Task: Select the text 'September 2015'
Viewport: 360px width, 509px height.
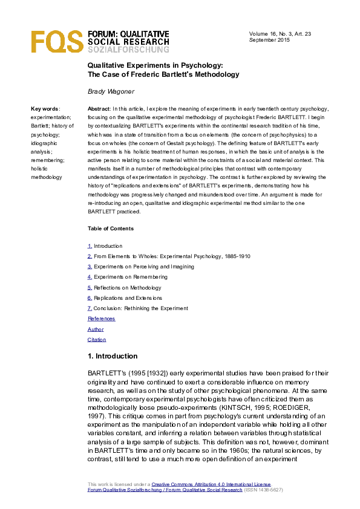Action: tap(270, 39)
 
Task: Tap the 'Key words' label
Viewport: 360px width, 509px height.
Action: tap(45, 109)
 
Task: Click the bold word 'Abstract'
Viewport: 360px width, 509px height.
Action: tap(99, 109)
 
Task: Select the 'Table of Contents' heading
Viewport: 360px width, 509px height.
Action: tap(111, 229)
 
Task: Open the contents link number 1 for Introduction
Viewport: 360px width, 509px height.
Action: tap(90, 246)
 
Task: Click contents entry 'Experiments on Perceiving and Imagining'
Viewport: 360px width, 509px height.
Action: tap(143, 267)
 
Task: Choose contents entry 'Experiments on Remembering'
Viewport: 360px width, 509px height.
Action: tap(130, 277)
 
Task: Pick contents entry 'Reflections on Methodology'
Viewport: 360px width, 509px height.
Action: tap(127, 288)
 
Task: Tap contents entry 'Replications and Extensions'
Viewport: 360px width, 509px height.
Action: tap(128, 298)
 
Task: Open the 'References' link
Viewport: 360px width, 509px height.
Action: tap(101, 319)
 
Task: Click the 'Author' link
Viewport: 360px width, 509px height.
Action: tap(96, 329)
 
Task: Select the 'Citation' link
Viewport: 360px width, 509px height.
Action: tap(97, 340)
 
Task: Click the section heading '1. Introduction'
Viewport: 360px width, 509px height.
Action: tap(113, 356)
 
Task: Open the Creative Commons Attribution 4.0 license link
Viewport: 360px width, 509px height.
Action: tap(211, 485)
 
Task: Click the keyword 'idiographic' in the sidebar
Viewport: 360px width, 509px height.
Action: tap(45, 144)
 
